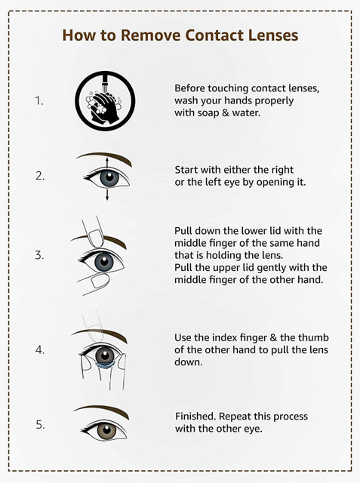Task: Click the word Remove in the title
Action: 150,35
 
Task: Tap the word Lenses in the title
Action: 273,35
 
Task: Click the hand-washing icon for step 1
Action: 105,101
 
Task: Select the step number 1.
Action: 39,101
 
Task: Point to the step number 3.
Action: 39,255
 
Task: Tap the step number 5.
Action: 40,425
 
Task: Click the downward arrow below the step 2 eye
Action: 107,195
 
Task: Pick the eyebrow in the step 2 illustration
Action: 105,158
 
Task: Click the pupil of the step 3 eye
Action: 104,262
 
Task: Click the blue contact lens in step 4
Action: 105,366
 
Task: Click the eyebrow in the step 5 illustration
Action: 102,411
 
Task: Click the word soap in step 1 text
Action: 208,112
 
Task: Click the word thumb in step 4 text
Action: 313,337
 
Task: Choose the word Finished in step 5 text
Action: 195,417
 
